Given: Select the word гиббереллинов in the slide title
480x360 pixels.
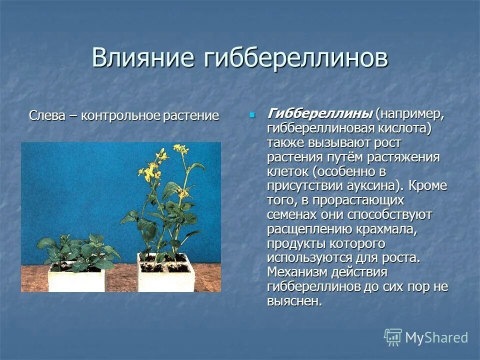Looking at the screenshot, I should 296,58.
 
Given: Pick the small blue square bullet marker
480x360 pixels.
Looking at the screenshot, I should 252,114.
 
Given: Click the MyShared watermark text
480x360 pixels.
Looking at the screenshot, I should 436,337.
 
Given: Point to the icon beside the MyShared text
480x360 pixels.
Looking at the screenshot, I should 392,337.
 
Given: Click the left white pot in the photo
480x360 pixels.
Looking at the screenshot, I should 76,279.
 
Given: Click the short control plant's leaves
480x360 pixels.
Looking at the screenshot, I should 80,250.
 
